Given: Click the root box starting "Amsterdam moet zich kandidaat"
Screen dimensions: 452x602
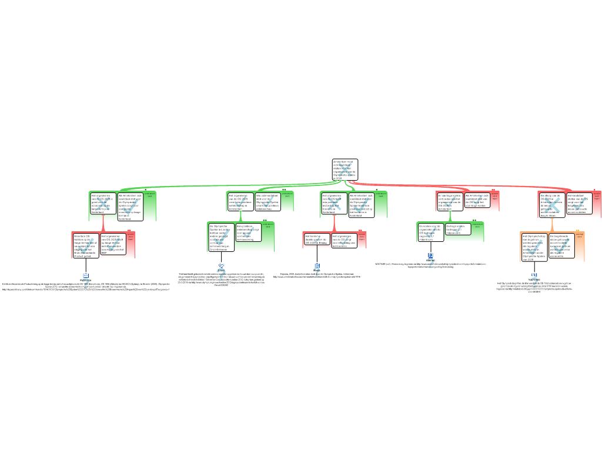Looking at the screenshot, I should [345, 169].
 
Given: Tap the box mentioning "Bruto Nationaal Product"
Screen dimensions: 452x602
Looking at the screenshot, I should [86, 245].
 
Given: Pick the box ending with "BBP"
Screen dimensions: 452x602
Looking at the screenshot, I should [113, 244].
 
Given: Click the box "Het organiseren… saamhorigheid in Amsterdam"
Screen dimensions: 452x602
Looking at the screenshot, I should [240, 202].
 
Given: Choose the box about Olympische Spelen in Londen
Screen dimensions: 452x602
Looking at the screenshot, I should [221, 237].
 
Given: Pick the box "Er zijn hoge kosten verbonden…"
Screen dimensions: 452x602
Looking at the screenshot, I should [450, 202].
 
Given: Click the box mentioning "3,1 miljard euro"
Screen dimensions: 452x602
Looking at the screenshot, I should [431, 232].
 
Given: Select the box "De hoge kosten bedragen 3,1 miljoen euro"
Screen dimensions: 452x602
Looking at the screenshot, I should [458, 230].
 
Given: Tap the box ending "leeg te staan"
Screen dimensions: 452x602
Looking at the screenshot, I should [551, 205].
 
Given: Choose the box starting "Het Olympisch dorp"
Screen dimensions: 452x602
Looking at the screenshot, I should [534, 247].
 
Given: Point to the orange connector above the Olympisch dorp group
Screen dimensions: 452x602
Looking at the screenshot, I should [552, 225].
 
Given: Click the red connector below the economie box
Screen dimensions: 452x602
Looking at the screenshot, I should [103, 225].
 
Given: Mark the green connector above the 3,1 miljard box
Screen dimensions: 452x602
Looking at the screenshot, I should [450, 216].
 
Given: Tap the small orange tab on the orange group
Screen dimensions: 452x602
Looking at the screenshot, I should [577, 231].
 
